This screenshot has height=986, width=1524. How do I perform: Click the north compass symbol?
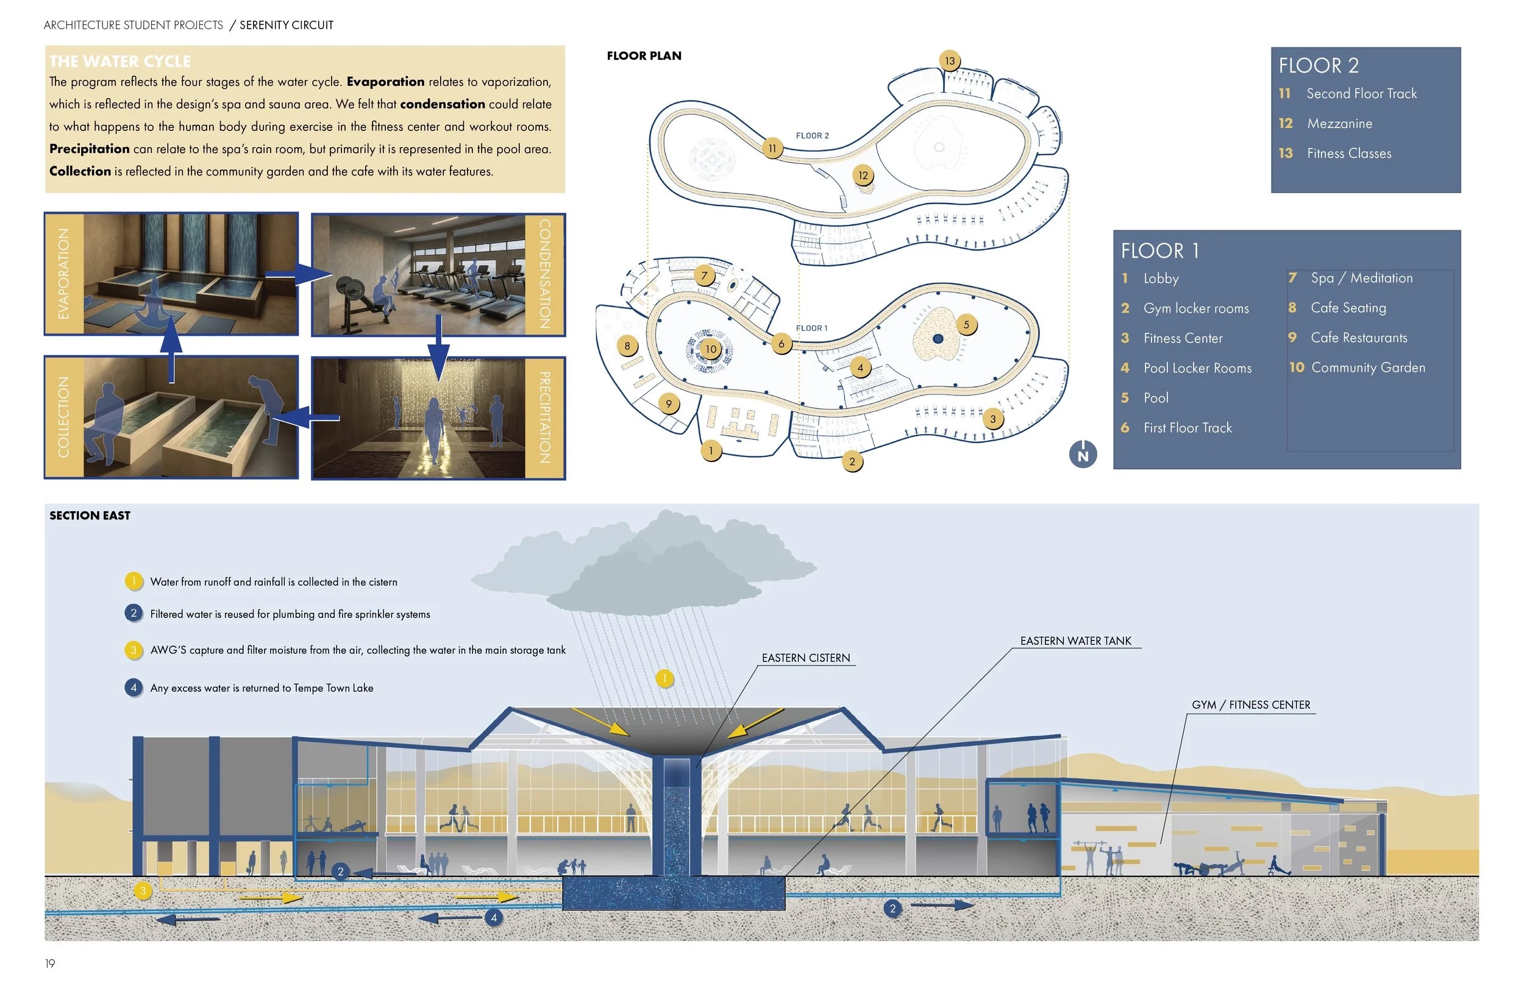[1083, 455]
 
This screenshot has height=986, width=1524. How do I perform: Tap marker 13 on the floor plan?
[950, 61]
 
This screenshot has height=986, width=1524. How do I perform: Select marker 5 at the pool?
[966, 325]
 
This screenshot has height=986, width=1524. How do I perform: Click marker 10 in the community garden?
[711, 350]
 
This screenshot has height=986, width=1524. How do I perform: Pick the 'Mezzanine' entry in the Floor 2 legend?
[1339, 124]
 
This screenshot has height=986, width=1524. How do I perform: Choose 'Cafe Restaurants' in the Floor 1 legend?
[1359, 338]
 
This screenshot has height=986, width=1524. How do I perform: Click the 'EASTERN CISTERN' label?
[805, 658]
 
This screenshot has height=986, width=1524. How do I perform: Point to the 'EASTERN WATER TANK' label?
[1075, 641]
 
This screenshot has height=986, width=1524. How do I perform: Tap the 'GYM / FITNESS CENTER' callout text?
[1250, 705]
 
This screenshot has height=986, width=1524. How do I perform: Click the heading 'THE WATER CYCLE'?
[119, 62]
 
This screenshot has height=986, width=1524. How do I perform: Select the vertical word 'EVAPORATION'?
[63, 274]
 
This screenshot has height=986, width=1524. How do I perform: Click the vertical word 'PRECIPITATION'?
[544, 417]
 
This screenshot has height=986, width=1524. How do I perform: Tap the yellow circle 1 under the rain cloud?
[664, 678]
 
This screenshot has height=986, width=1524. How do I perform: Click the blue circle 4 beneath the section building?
[494, 918]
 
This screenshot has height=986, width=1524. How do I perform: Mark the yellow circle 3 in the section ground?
[143, 890]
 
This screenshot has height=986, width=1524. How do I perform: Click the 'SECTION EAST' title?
[90, 516]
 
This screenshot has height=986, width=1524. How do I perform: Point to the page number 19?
[50, 963]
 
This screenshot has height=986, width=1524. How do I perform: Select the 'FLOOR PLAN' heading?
[644, 55]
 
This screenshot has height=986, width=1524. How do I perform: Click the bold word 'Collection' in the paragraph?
[80, 171]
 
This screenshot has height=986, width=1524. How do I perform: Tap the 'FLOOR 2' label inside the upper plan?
[812, 136]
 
